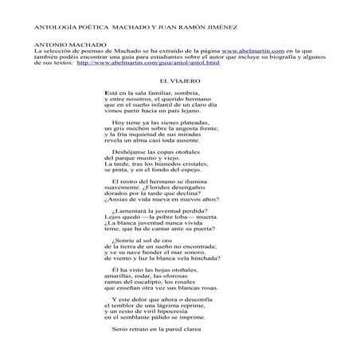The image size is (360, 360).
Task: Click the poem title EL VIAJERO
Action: pos(179,81)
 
